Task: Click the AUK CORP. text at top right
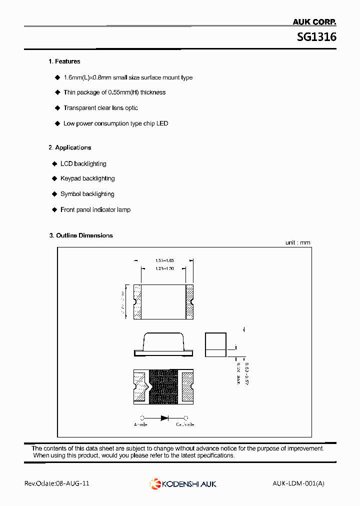pos(314,22)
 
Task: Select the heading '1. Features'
pos(64,61)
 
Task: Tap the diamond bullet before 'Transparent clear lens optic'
pos(56,108)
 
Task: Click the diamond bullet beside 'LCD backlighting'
pos(54,163)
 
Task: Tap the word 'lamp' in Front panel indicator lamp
pos(123,210)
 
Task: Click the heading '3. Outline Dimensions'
pos(81,235)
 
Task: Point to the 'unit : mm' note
pos(297,242)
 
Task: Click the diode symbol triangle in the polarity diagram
pos(163,418)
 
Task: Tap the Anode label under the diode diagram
pos(140,424)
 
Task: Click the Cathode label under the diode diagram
pos(185,424)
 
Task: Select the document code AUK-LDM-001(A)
pos(298,483)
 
